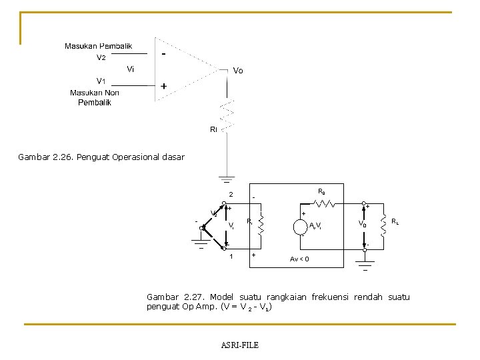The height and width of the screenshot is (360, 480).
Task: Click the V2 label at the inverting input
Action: [101, 57]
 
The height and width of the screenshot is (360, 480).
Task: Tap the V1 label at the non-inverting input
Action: [101, 81]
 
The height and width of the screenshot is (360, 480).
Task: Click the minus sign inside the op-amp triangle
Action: [163, 54]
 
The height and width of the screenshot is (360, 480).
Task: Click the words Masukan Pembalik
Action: [98, 46]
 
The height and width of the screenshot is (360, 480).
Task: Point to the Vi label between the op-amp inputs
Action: [131, 69]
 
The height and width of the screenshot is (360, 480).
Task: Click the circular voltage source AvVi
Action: [301, 226]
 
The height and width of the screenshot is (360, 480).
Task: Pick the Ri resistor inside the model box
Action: [261, 224]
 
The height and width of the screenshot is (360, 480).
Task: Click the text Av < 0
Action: [299, 259]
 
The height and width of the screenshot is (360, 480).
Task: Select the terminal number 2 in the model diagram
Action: [231, 195]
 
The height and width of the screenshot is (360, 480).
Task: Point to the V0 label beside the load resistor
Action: [362, 225]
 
